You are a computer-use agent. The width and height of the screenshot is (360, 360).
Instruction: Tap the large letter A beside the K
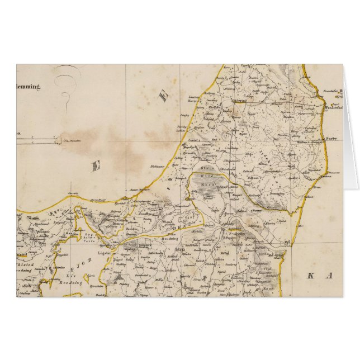coord(331,275)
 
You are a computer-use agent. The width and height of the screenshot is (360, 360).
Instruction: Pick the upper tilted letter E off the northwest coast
coord(164,96)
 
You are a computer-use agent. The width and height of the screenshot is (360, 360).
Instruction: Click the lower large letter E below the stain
coord(96,165)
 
